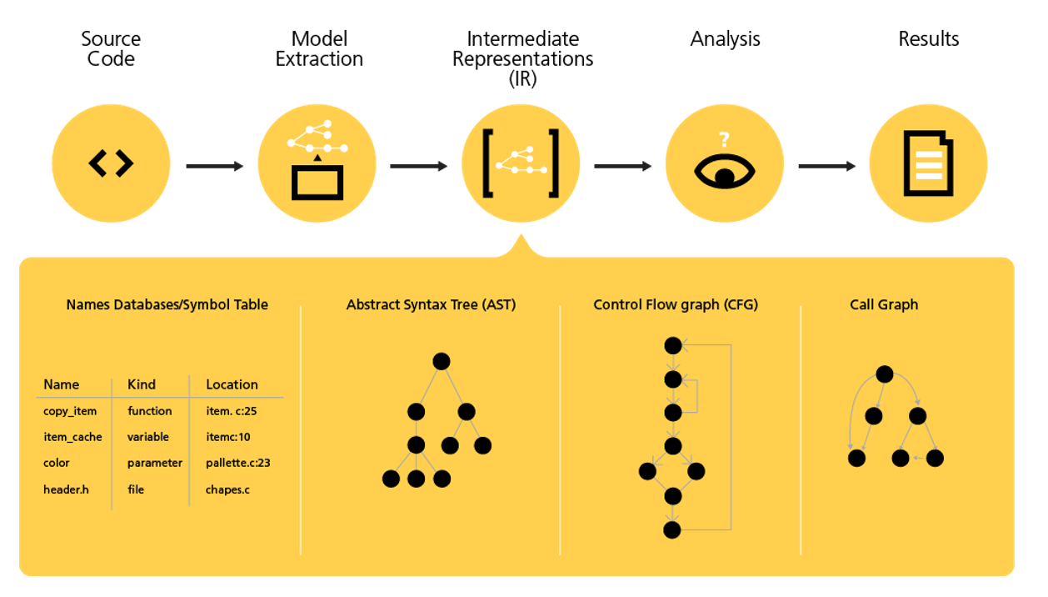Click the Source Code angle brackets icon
[111, 164]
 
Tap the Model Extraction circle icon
[317, 164]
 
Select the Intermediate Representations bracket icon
[521, 164]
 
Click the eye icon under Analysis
[725, 167]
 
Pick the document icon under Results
[928, 164]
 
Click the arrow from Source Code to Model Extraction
[214, 166]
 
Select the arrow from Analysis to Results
[826, 166]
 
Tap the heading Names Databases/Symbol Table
[167, 304]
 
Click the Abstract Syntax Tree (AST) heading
[431, 304]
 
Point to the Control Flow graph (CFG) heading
[676, 304]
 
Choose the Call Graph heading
[884, 304]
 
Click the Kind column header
[142, 384]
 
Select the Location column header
[232, 384]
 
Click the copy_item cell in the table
[70, 411]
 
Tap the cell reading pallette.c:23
[238, 463]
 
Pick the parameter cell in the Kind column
[155, 463]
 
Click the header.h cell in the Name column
[66, 489]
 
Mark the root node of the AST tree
[442, 361]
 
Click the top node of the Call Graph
[885, 374]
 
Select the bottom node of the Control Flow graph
[672, 529]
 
